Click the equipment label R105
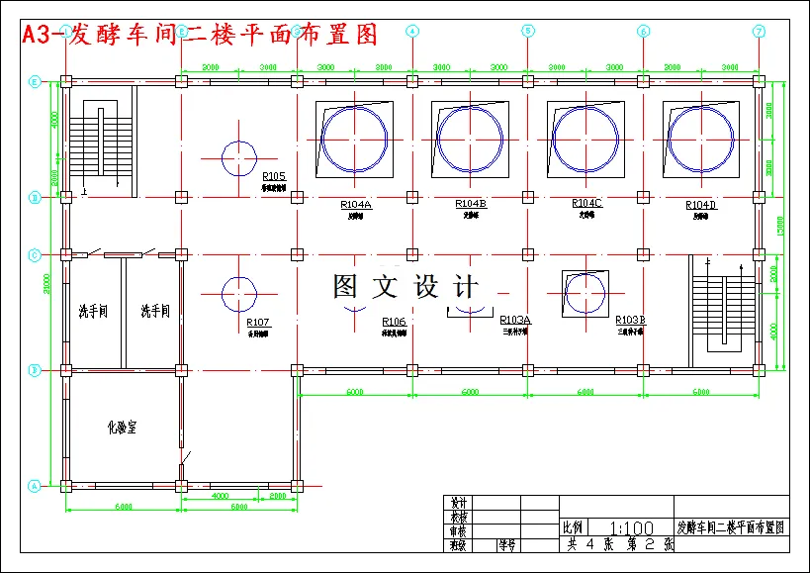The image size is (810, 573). tap(274, 176)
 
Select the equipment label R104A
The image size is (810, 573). tap(355, 205)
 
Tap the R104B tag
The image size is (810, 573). tap(470, 204)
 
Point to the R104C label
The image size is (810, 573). tap(586, 203)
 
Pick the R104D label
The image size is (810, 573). tap(700, 205)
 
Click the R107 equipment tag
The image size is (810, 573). tap(258, 323)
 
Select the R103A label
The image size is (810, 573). tap(515, 320)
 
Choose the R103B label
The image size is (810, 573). tap(630, 320)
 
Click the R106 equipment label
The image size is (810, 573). tap(394, 322)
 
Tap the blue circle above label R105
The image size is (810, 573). tap(238, 157)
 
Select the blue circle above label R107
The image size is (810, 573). tap(238, 293)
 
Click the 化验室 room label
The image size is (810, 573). tap(122, 428)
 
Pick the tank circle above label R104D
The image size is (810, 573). tap(699, 138)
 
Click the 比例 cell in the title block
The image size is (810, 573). tap(573, 527)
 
